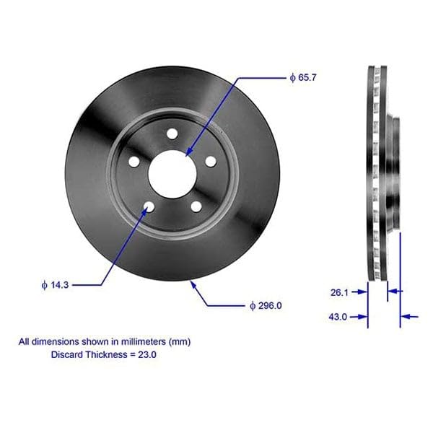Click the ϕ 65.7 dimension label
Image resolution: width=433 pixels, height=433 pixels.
[301, 76]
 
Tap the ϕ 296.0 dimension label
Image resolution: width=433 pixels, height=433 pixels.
[265, 305]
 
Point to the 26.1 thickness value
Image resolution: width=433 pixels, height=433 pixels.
[338, 292]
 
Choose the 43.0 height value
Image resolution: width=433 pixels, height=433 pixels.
[338, 316]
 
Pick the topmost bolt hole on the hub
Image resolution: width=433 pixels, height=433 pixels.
[172, 134]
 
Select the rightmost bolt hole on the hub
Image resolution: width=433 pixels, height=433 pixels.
[210, 161]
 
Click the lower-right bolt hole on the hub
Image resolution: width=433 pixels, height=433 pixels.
[196, 207]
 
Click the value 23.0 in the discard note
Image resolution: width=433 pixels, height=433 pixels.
[147, 355]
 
